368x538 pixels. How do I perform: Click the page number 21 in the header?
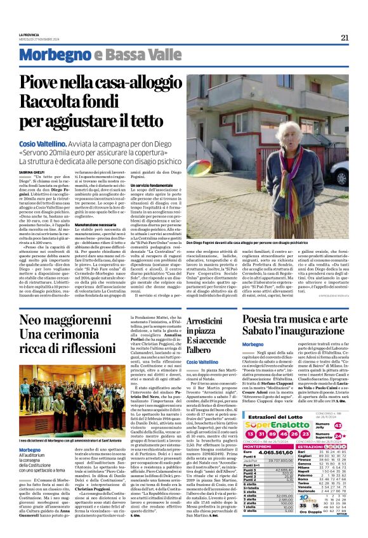point(345,37)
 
